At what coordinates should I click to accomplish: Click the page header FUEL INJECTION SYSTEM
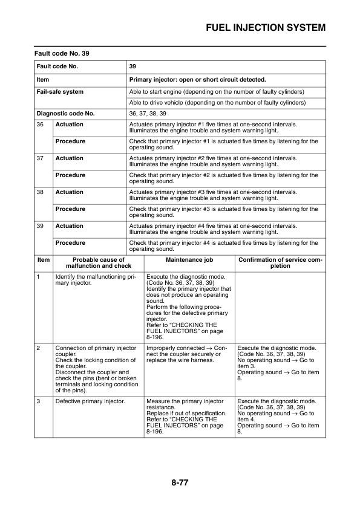tap(266, 28)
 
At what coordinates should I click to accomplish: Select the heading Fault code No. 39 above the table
tap(61, 53)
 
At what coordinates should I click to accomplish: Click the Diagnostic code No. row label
tap(65, 113)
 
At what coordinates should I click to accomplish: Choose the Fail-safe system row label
tap(60, 92)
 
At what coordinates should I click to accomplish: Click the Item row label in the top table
tap(43, 79)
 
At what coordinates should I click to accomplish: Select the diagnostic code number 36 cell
tap(41, 125)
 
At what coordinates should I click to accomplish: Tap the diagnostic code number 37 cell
tap(41, 158)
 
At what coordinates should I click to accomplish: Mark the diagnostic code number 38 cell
tap(41, 192)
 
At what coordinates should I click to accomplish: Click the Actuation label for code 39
tap(70, 226)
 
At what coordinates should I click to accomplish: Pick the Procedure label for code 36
tap(70, 141)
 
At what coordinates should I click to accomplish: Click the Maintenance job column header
tap(188, 260)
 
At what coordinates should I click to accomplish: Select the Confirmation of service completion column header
tap(280, 263)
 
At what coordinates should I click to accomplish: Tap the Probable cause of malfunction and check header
tap(98, 263)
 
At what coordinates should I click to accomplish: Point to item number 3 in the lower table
tap(39, 401)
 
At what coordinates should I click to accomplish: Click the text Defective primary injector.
tap(90, 401)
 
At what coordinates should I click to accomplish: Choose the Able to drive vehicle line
tap(217, 103)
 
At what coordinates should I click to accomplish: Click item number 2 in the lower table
tap(39, 348)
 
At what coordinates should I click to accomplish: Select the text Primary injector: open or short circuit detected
tap(198, 79)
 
